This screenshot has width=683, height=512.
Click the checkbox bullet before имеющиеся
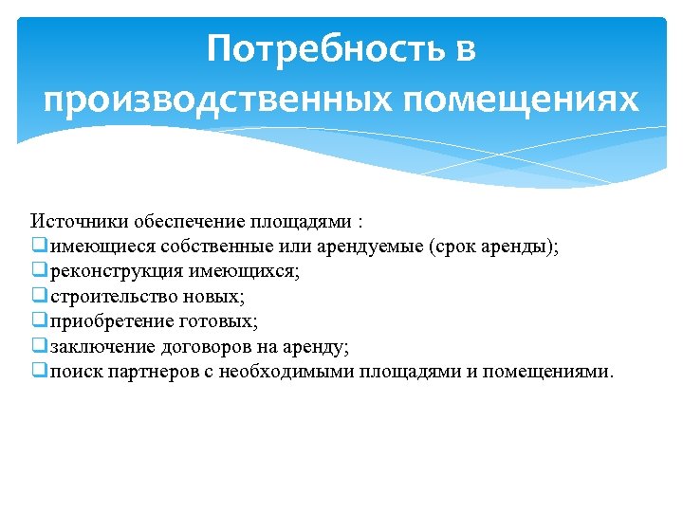(38, 247)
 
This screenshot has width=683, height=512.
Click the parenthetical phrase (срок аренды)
(493, 247)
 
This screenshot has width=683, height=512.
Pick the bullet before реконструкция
(38, 271)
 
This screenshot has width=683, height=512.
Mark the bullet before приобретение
(38, 320)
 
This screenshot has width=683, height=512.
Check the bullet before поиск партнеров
(38, 370)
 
